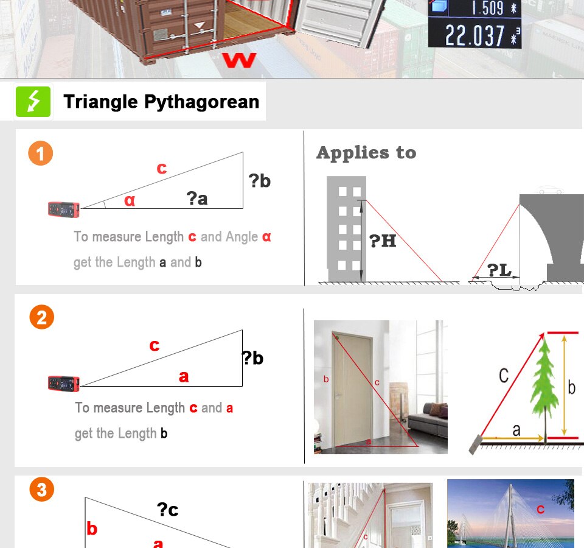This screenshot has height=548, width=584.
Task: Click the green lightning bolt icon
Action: (33, 102)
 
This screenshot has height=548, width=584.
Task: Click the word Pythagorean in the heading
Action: (201, 102)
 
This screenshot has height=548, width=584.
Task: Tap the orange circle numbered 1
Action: (41, 153)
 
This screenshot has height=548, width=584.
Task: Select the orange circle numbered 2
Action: (42, 317)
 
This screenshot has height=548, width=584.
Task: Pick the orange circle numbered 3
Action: (42, 490)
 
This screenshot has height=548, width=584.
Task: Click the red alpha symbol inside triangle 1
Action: (130, 200)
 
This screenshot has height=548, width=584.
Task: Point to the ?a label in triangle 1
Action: (197, 198)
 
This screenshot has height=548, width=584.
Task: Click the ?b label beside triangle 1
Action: (260, 181)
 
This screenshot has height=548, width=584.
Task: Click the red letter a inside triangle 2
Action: (184, 376)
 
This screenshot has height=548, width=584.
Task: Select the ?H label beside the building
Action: (383, 241)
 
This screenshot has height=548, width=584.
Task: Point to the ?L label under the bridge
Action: (499, 270)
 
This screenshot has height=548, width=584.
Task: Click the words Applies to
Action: (366, 153)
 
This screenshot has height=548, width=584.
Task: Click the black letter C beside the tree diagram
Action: (504, 376)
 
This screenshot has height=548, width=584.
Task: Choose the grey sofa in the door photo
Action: (428, 420)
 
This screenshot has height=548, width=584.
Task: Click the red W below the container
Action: (240, 60)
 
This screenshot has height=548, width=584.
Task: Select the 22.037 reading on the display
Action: (474, 36)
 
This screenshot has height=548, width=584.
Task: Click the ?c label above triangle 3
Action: (168, 509)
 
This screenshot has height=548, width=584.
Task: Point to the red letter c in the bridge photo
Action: (540, 509)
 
